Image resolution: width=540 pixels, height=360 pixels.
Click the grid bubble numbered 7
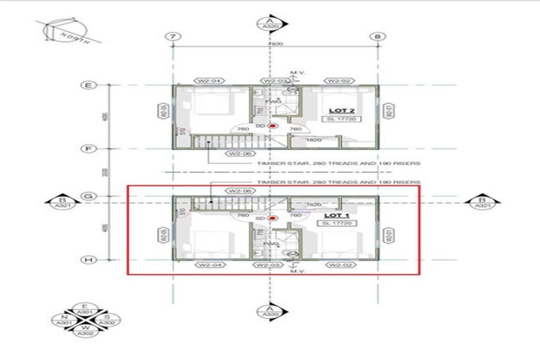click(171, 36)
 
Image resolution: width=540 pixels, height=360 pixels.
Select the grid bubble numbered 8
click(378, 36)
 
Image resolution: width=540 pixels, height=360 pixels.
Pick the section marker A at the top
click(269, 24)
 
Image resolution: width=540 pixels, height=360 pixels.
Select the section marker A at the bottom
click(269, 312)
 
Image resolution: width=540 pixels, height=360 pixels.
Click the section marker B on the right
click(482, 202)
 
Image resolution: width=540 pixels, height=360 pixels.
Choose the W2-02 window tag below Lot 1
click(338, 265)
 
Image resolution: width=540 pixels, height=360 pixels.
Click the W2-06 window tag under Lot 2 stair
click(233, 153)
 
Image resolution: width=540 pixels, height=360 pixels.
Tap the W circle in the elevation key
click(85, 328)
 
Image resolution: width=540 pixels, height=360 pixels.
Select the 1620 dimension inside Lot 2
click(314, 141)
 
